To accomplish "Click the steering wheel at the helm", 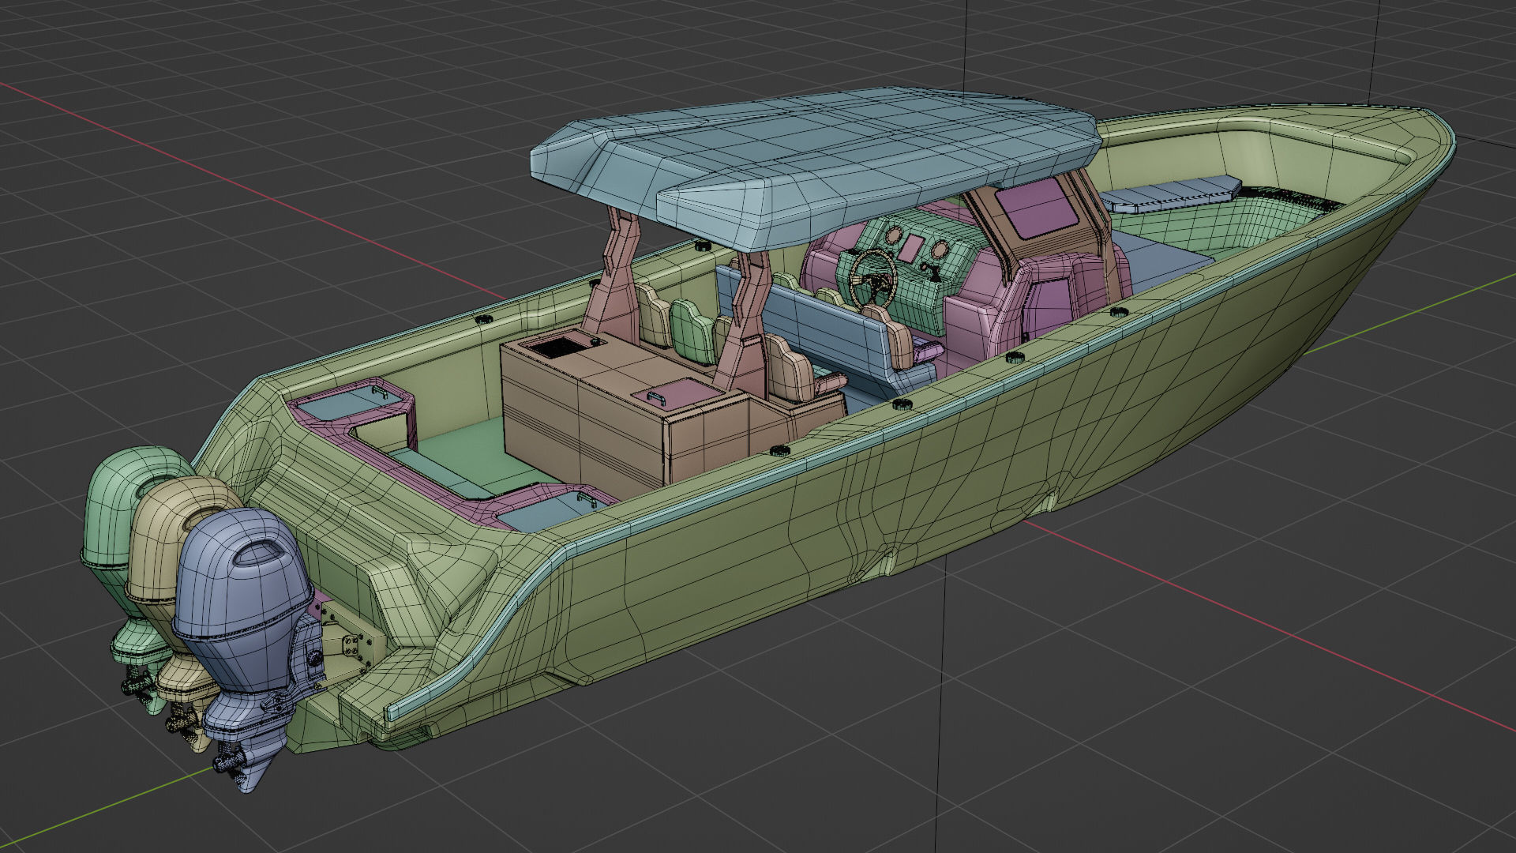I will pos(872,277).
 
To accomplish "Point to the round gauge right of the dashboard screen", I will pos(940,250).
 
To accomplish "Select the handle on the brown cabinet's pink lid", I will pos(656,396).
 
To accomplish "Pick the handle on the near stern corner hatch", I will pos(586,498).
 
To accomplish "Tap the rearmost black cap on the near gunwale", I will pos(780,450).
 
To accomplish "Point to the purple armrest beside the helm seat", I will pos(927,352).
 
